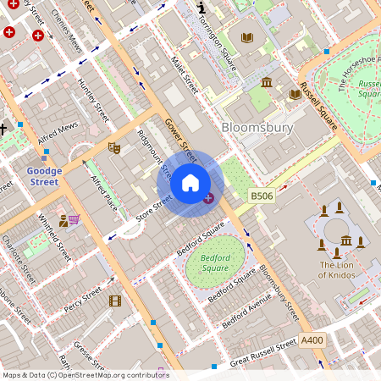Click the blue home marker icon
pyautogui.click(x=190, y=183)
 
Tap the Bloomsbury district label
pyautogui.click(x=257, y=128)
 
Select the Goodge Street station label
pyautogui.click(x=42, y=175)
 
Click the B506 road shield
pyautogui.click(x=262, y=196)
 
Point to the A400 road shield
pyautogui.click(x=312, y=340)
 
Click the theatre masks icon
pyautogui.click(x=114, y=147)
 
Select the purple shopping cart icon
pyautogui.click(x=74, y=219)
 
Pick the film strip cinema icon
pyautogui.click(x=115, y=301)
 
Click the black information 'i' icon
pyautogui.click(x=200, y=8)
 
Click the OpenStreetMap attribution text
pyautogui.click(x=86, y=374)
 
